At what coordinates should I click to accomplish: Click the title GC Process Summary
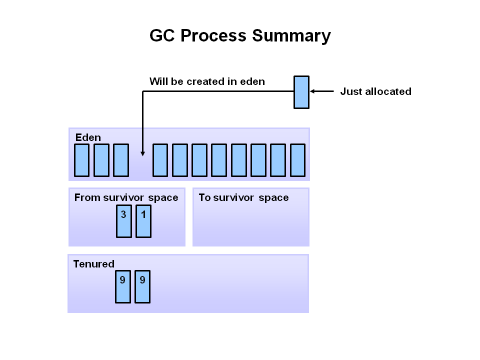tap(240, 36)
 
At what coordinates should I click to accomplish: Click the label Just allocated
tap(375, 91)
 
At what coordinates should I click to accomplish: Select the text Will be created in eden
tap(207, 81)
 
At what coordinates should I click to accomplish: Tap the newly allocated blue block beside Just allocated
tap(301, 92)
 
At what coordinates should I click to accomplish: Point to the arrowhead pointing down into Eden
tap(143, 152)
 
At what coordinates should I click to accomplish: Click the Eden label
tap(88, 137)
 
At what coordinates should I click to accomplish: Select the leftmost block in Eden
tap(81, 160)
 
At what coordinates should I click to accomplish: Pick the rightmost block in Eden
tap(297, 160)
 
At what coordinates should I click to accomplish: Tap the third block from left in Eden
tap(121, 160)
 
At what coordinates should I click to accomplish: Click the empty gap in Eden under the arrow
tap(141, 165)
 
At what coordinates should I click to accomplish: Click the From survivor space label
tap(126, 197)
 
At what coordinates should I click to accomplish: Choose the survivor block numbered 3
tap(124, 221)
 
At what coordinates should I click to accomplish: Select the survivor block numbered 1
tap(143, 221)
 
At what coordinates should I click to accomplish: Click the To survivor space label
tap(243, 197)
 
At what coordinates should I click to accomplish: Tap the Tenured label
tap(93, 264)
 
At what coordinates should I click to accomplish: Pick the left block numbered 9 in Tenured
tap(123, 286)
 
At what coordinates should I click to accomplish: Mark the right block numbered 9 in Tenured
tap(142, 286)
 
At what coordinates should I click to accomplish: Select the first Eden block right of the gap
tap(160, 160)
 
